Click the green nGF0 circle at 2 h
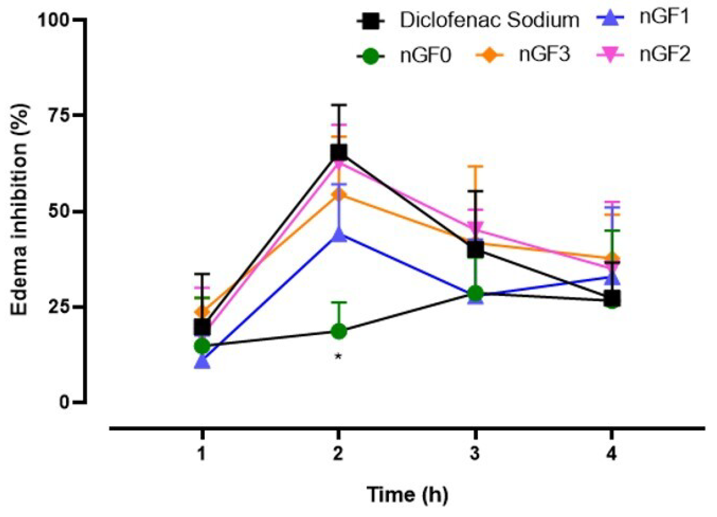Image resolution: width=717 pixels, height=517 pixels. click(338, 331)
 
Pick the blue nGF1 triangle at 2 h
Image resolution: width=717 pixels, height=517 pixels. click(338, 235)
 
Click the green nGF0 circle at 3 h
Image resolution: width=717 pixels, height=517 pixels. click(475, 293)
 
